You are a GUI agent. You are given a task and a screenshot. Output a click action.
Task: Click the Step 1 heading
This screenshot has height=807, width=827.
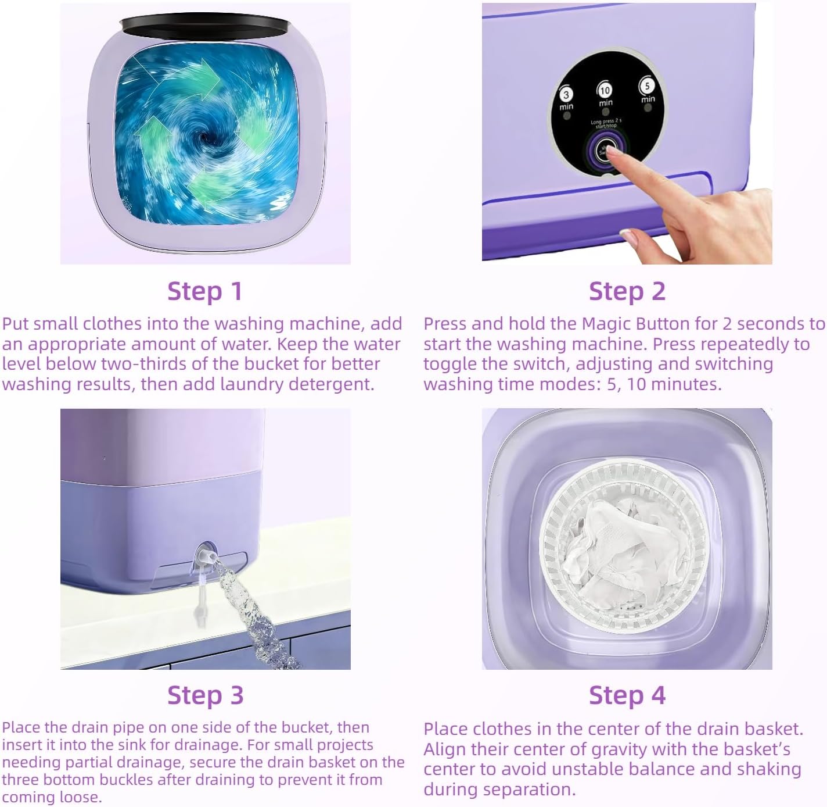click(204, 291)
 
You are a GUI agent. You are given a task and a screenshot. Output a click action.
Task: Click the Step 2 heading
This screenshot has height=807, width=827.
click(627, 291)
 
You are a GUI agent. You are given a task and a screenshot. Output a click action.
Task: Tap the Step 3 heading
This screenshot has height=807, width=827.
click(205, 695)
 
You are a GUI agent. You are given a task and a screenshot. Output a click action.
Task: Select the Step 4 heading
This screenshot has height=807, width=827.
click(627, 695)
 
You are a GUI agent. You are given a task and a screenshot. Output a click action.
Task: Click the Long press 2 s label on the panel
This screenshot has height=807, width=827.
click(606, 122)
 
